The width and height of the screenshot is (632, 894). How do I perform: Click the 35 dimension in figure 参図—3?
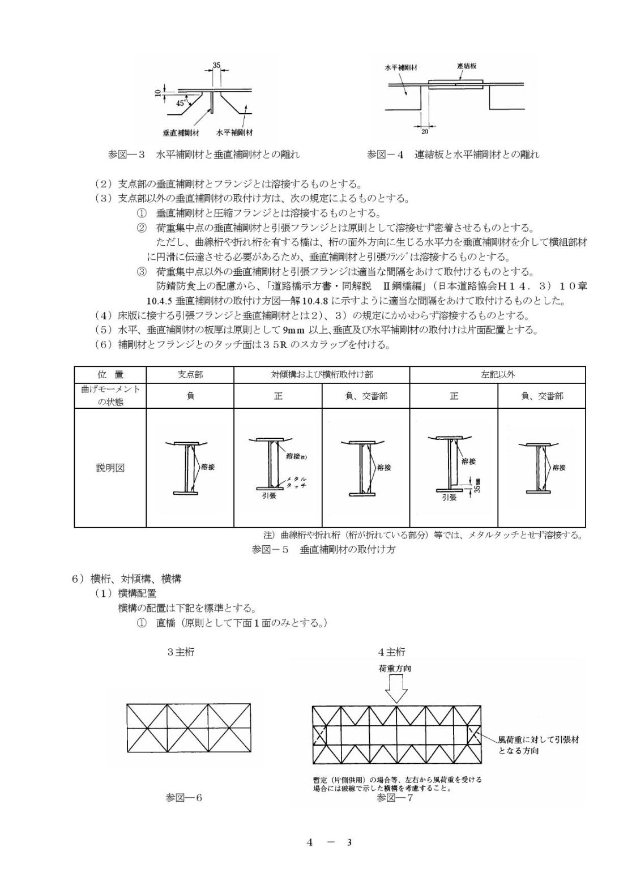[216, 65]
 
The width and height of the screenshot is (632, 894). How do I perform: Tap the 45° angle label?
[181, 104]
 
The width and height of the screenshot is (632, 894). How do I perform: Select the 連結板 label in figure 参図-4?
[466, 66]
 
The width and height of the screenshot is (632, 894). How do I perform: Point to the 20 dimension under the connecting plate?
[425, 132]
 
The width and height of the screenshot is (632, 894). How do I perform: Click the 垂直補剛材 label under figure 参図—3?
[181, 132]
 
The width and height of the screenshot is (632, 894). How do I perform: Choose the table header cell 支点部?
[190, 375]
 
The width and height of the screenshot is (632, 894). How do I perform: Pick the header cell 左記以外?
[498, 375]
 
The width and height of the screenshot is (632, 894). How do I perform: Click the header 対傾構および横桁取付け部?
[322, 375]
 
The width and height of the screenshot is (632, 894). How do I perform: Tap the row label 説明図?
[110, 468]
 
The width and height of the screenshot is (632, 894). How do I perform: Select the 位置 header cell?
[110, 375]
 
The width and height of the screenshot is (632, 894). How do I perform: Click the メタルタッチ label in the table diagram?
[296, 482]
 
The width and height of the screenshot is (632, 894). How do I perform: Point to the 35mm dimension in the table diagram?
[477, 485]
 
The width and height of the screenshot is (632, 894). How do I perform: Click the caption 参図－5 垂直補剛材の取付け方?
[323, 550]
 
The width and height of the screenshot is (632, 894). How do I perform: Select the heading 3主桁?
[181, 652]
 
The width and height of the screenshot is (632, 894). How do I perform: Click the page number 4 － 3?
[329, 842]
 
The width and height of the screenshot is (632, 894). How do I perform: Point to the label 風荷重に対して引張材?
[538, 740]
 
